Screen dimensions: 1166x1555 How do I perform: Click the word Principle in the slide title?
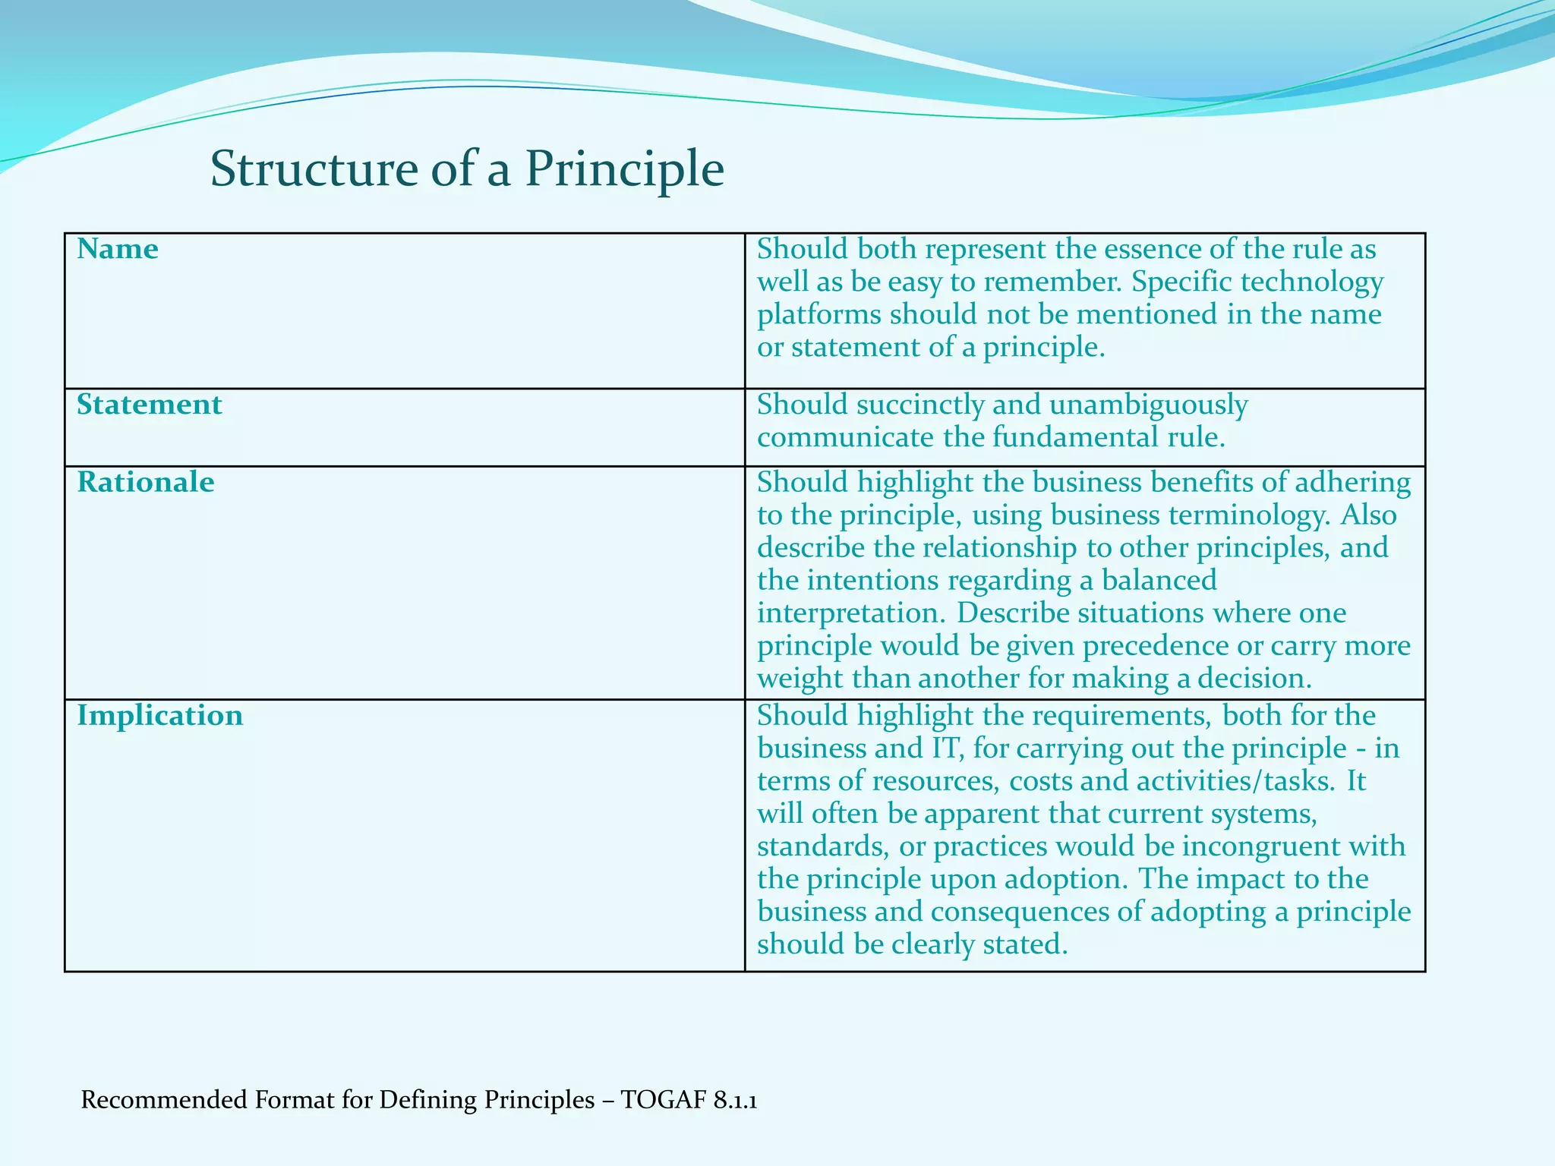(x=624, y=170)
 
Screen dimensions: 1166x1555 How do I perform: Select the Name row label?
(x=118, y=249)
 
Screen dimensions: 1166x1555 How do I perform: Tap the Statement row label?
(x=150, y=405)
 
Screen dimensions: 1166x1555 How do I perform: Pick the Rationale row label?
(x=146, y=482)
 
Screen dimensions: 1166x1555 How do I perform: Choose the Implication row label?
(x=160, y=716)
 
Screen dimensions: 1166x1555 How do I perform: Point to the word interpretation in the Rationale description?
(x=851, y=613)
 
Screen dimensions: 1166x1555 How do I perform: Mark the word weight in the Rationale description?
(x=800, y=679)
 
